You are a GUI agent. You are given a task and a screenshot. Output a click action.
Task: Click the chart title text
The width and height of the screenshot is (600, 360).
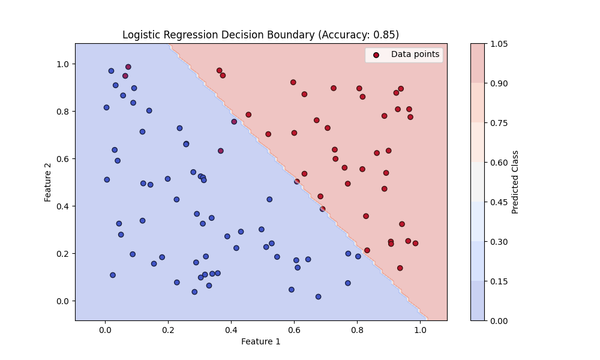click(260, 35)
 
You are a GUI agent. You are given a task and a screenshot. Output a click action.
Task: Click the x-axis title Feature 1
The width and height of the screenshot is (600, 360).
click(260, 341)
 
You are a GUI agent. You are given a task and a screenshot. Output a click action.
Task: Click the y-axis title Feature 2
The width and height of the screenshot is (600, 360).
click(48, 181)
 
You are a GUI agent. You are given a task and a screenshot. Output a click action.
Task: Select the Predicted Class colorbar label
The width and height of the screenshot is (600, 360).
click(515, 182)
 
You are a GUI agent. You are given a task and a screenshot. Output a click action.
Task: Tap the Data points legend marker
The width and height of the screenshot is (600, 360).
click(376, 55)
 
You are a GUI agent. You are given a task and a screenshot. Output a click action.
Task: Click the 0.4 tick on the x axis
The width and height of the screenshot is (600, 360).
click(231, 329)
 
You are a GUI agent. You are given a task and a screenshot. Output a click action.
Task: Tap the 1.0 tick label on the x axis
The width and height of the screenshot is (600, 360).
click(420, 329)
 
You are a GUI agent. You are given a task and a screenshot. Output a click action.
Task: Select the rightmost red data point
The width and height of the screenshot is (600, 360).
click(415, 243)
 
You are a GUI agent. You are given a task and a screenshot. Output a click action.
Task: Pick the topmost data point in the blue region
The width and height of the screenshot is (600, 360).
click(128, 67)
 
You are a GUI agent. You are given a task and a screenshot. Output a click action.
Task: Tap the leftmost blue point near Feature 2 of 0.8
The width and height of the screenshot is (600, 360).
click(106, 107)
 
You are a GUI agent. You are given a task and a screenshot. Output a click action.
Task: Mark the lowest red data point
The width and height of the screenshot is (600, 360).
click(400, 268)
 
